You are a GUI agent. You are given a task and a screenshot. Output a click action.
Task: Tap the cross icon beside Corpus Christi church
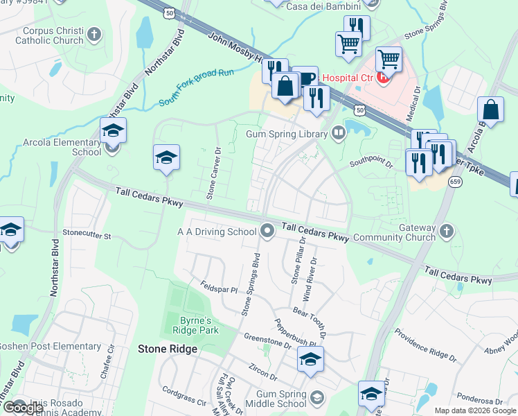(x=95, y=33)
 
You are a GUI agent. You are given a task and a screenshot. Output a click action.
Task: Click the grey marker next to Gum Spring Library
(x=339, y=132)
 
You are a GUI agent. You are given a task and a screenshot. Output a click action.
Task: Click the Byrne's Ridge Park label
(x=195, y=326)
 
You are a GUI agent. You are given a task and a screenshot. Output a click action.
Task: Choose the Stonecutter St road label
(x=87, y=236)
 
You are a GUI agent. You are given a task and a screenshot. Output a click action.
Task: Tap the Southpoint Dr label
(x=371, y=164)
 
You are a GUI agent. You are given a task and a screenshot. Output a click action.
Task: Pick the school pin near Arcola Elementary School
(x=113, y=131)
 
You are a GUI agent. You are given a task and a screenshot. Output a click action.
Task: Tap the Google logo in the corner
(x=23, y=408)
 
